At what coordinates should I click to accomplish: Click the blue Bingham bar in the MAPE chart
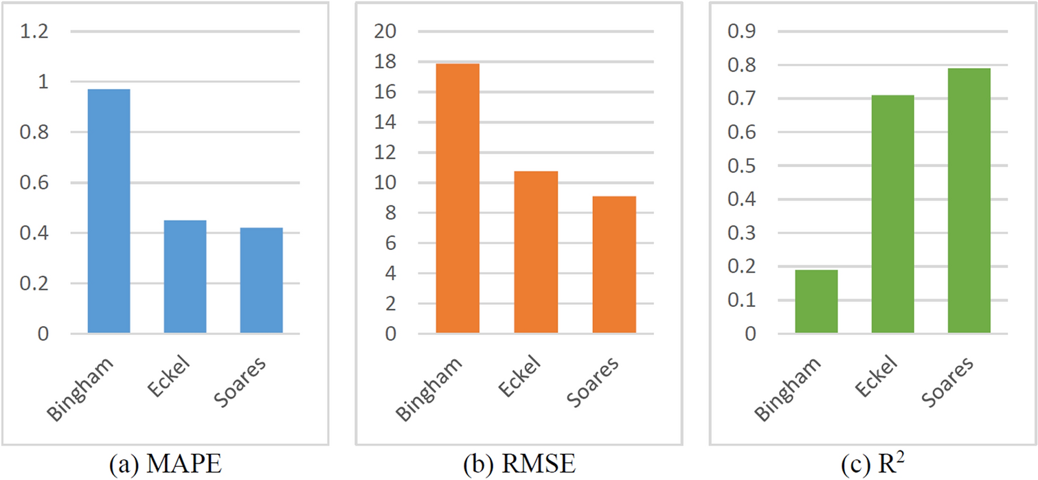(109, 212)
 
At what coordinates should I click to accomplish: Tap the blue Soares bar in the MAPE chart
(261, 281)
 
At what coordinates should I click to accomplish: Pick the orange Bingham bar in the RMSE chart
(458, 198)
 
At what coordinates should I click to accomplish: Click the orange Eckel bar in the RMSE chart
(536, 253)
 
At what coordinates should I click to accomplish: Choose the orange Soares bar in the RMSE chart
(614, 265)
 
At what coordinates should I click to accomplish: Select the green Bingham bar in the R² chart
(816, 301)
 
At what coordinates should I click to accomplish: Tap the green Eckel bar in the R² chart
(892, 214)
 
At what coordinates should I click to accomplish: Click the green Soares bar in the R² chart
(969, 201)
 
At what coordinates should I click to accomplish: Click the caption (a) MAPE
(166, 465)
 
